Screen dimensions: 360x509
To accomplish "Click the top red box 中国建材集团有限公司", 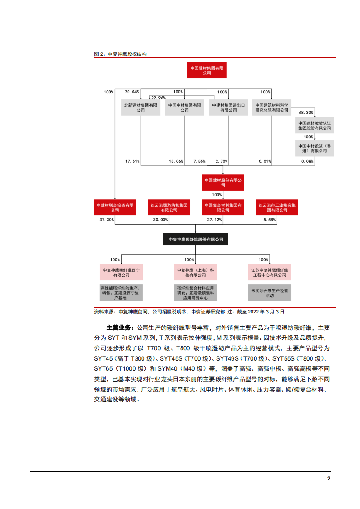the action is point(207,70).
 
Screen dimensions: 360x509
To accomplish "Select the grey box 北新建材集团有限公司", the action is point(141,108).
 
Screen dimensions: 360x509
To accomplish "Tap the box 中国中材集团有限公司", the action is point(184,108).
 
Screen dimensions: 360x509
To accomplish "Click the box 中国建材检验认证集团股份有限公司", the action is point(315,126).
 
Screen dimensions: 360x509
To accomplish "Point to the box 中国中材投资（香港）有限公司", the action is point(315,148).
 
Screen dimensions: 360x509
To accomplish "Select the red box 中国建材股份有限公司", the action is point(223,182).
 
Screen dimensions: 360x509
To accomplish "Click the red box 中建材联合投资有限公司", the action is point(115,207).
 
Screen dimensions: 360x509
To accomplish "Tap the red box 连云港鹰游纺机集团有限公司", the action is point(169,207).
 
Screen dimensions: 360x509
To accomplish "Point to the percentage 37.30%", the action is point(107,220).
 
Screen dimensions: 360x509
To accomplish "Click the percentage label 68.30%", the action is point(306,112).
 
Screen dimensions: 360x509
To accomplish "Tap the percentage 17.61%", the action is point(133,161).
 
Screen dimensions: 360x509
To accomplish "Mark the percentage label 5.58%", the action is point(270,220).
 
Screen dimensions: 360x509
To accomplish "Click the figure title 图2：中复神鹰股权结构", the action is point(120,54).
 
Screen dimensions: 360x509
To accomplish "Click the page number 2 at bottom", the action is point(329,479).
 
